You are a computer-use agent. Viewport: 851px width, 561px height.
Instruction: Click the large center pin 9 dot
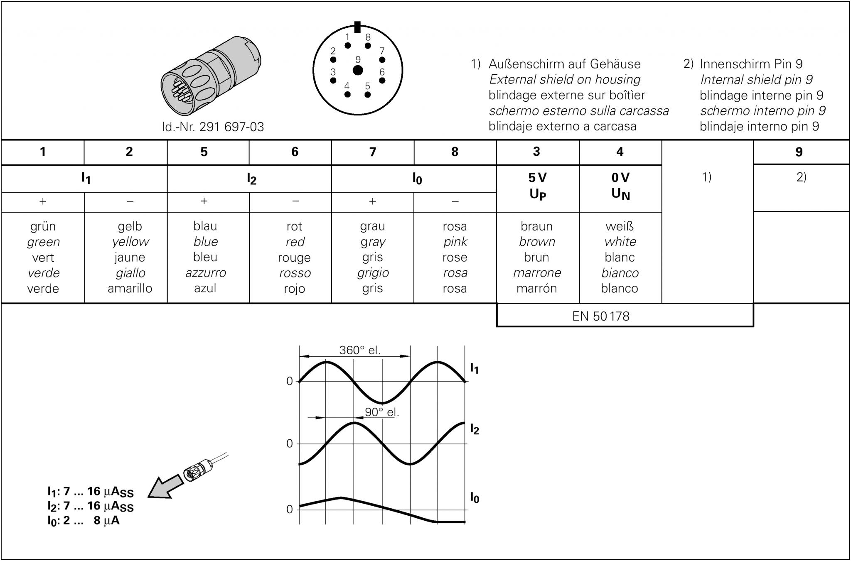[x=357, y=70]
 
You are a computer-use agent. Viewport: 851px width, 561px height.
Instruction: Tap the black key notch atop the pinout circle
[x=357, y=27]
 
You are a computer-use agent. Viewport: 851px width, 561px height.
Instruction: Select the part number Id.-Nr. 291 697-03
[x=213, y=127]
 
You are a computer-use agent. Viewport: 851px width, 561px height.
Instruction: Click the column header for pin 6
[x=295, y=152]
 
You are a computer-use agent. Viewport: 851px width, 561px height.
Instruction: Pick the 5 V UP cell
[x=537, y=186]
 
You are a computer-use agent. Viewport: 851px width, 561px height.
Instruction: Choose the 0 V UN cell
[x=620, y=186]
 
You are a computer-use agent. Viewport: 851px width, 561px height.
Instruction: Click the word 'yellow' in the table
[x=130, y=242]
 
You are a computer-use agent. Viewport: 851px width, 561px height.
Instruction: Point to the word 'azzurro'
[x=206, y=273]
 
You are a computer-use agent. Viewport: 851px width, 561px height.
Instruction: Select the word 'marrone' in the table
[x=537, y=273]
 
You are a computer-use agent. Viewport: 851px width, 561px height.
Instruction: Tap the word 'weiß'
[x=620, y=226]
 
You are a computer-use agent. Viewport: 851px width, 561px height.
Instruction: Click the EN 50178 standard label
[x=600, y=316]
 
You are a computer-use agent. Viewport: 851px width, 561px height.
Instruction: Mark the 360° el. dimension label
[x=360, y=350]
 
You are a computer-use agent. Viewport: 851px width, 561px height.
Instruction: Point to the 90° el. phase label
[x=381, y=412]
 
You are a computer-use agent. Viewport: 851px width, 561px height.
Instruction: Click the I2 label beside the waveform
[x=474, y=429]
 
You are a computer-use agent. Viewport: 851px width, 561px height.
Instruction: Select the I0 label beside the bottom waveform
[x=474, y=497]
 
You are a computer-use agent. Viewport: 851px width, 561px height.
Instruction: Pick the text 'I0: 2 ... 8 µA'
[x=83, y=521]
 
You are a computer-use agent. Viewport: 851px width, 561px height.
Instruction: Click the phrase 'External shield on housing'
[x=565, y=79]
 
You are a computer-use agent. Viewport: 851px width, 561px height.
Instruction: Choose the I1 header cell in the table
[x=86, y=179]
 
